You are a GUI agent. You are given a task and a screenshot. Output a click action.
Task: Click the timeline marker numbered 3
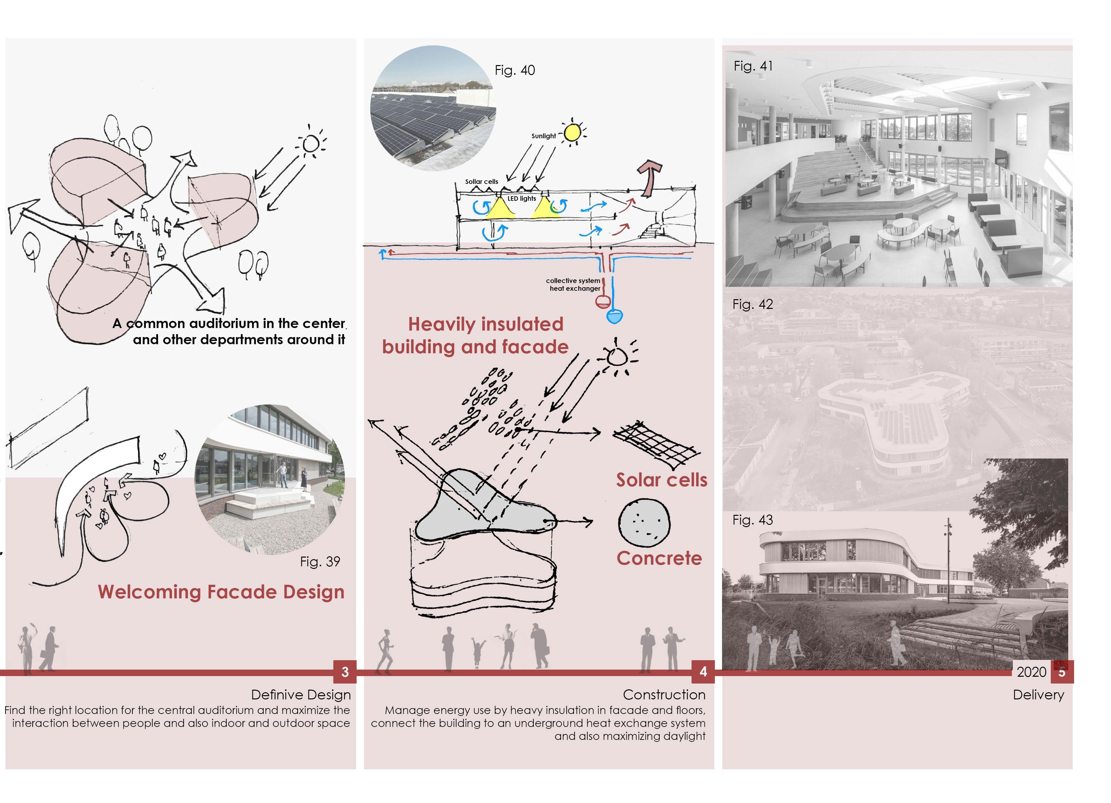[x=345, y=672]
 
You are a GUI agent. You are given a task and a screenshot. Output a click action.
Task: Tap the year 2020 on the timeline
[x=1031, y=672]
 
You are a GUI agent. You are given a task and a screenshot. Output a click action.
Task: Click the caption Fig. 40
[x=514, y=71]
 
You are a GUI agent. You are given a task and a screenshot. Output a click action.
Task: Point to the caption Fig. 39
[x=320, y=561]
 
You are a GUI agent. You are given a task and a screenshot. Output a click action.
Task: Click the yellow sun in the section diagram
[x=572, y=132]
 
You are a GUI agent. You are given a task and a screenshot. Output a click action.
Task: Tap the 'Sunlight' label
[x=544, y=136]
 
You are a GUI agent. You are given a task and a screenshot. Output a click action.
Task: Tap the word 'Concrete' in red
[x=659, y=558]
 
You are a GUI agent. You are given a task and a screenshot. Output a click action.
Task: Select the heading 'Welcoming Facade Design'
[x=221, y=592]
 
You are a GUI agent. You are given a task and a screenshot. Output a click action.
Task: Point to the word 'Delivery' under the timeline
[x=1038, y=695]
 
